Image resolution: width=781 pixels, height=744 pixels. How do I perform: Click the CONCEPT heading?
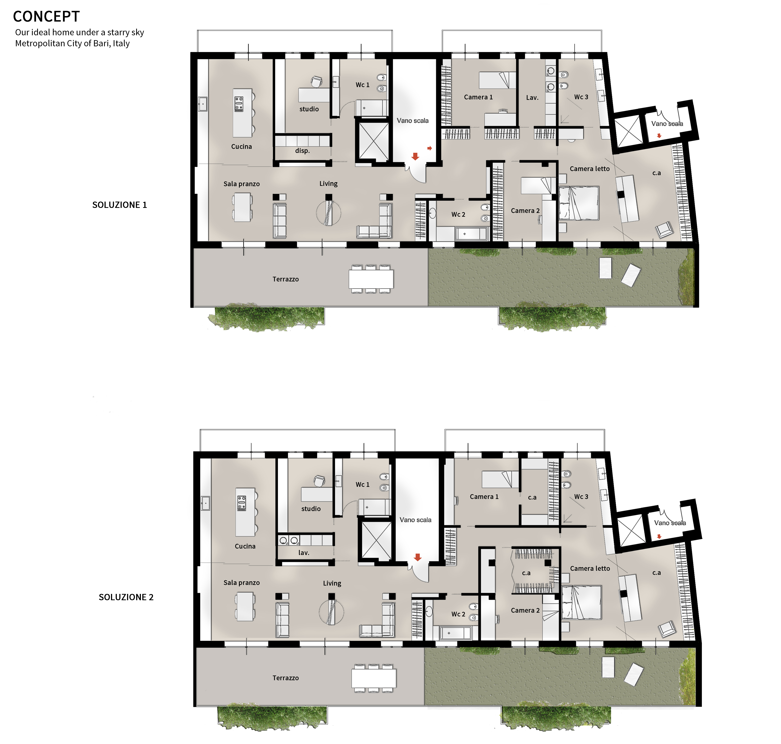pyautogui.click(x=46, y=17)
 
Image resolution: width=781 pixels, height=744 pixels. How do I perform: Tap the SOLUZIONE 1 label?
pyautogui.click(x=119, y=205)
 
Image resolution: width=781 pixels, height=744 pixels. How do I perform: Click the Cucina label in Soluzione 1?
pyautogui.click(x=241, y=146)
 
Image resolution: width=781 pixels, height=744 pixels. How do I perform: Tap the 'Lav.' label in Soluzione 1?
pyautogui.click(x=532, y=97)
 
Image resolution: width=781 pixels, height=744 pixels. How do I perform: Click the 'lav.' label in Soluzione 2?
pyautogui.click(x=304, y=552)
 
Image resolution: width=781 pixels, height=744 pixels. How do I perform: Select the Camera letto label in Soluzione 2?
pyautogui.click(x=590, y=568)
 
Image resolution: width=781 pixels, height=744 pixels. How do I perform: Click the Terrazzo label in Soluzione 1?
pyautogui.click(x=285, y=279)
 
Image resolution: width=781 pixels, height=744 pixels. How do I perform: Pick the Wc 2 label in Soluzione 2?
pyautogui.click(x=458, y=614)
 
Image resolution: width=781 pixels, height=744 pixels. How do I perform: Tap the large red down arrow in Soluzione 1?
pyautogui.click(x=415, y=156)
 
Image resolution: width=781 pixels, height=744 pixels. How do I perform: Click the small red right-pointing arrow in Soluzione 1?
pyautogui.click(x=429, y=148)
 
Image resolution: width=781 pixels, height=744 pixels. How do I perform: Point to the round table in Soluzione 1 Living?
pyautogui.click(x=328, y=213)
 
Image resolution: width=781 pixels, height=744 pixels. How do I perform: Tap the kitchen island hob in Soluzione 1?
pyautogui.click(x=239, y=104)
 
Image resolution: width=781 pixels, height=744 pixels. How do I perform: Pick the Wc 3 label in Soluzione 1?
pyautogui.click(x=581, y=97)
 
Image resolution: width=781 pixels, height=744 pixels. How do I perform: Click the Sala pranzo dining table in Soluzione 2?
pyautogui.click(x=245, y=606)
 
